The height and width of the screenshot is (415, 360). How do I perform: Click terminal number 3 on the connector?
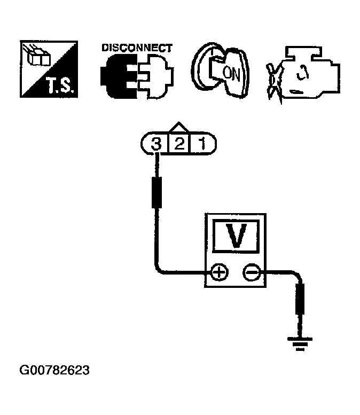pos(156,143)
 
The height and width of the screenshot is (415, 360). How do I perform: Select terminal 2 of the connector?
pos(180,143)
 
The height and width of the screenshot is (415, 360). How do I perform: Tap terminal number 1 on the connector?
pos(204,143)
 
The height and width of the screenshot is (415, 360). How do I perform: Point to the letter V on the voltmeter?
pos(236,236)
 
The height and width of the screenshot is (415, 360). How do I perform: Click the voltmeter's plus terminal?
pos(218,273)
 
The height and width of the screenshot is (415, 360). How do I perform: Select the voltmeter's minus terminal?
pos(251,273)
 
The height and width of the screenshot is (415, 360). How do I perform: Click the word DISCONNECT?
pos(137,48)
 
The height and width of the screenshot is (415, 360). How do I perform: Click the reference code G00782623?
pos(55,370)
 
